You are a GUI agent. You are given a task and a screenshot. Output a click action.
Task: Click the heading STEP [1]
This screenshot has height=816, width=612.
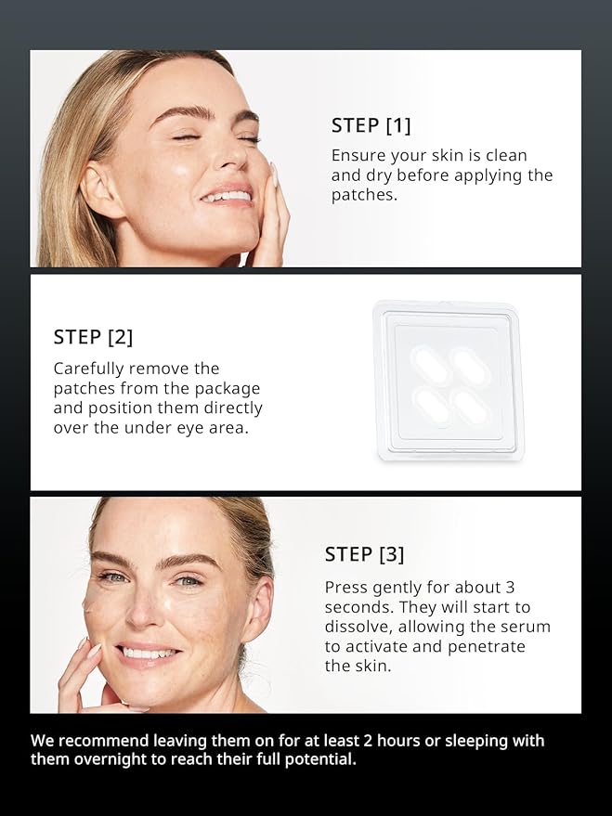point(371,125)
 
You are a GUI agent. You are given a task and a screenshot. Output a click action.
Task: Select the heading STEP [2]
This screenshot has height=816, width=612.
point(93,337)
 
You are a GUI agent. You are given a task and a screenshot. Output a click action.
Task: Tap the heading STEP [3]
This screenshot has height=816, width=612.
point(364,554)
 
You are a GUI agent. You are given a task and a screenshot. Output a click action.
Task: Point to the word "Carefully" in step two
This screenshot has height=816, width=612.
point(91,368)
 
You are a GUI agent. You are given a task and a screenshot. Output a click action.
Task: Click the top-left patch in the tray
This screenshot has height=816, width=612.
point(431,364)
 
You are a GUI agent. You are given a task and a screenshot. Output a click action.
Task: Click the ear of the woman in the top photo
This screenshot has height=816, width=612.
point(102,187)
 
